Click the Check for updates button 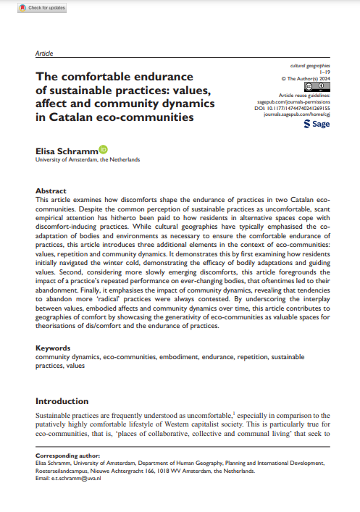pyautogui.click(x=43, y=8)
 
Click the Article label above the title pyautogui.click(x=44, y=54)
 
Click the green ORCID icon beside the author pyautogui.click(x=102, y=150)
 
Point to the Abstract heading pyautogui.click(x=51, y=191)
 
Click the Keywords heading pyautogui.click(x=54, y=348)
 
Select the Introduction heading pyautogui.click(x=65, y=400)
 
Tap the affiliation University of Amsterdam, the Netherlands pyautogui.click(x=88, y=159)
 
